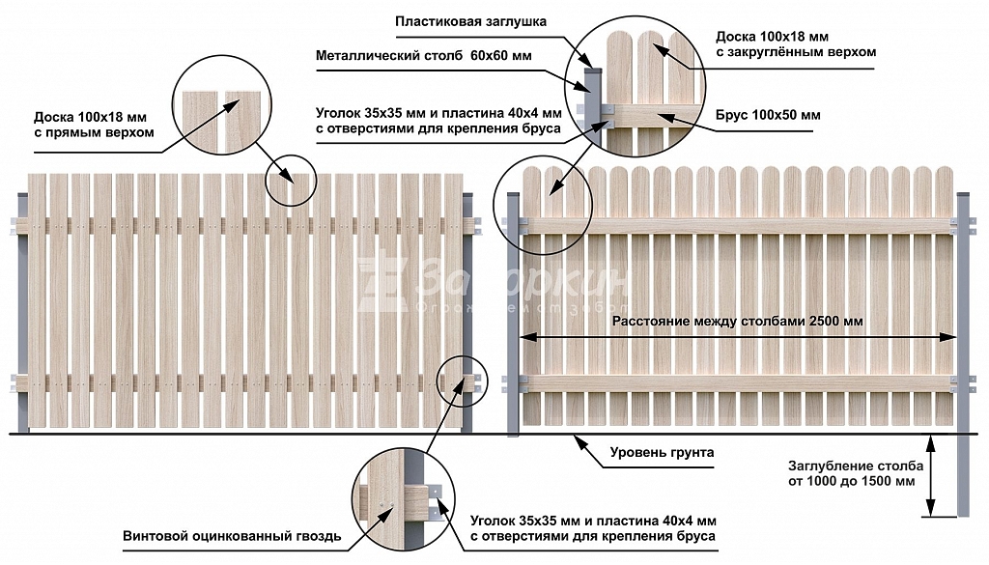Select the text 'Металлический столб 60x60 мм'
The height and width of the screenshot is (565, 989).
click(423, 56)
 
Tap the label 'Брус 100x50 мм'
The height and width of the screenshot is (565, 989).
click(768, 115)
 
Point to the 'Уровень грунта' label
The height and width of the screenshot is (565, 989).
click(662, 452)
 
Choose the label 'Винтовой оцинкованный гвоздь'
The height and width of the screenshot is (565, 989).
click(232, 536)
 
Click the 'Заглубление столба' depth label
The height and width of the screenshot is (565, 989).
click(849, 472)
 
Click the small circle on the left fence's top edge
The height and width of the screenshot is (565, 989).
click(291, 180)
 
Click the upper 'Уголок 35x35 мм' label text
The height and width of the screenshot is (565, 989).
click(438, 120)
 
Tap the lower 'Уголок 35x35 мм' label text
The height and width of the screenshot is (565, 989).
click(593, 526)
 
